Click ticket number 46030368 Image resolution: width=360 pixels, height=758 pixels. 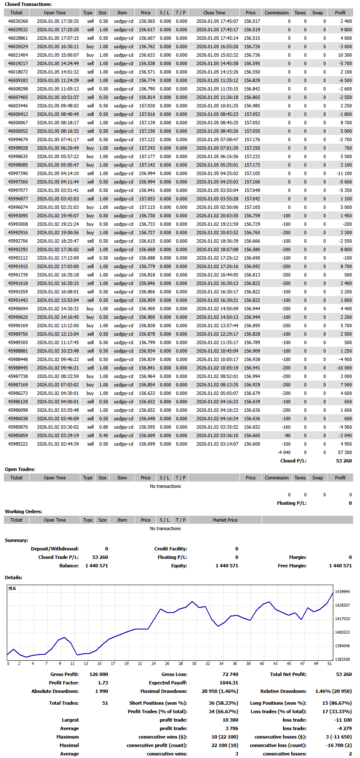tap(18, 21)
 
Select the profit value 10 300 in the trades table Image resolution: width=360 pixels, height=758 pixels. tap(344, 55)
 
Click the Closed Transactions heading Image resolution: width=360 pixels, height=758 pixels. tap(28, 4)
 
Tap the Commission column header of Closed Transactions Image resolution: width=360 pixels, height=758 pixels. tap(277, 13)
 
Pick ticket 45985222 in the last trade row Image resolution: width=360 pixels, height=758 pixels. tap(18, 444)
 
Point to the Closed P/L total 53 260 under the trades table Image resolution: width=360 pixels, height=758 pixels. tap(344, 461)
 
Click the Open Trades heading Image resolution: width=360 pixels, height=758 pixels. tap(20, 469)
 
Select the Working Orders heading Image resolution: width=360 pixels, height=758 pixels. tap(23, 512)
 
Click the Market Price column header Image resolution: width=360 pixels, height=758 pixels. tap(225, 520)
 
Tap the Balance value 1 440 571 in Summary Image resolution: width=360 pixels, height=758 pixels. tap(96, 566)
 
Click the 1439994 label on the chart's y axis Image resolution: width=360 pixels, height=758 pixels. tap(342, 592)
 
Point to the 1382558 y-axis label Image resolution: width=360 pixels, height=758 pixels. tap(342, 659)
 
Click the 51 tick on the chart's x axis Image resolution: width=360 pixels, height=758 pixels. tap(330, 663)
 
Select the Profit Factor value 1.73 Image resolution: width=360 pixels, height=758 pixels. tap(103, 683)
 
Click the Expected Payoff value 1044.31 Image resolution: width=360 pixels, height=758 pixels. tap(229, 683)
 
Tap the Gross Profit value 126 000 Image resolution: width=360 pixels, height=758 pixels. tap(99, 674)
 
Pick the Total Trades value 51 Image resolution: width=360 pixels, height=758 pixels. tap(105, 703)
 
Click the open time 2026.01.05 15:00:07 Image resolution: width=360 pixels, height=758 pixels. tap(58, 55)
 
